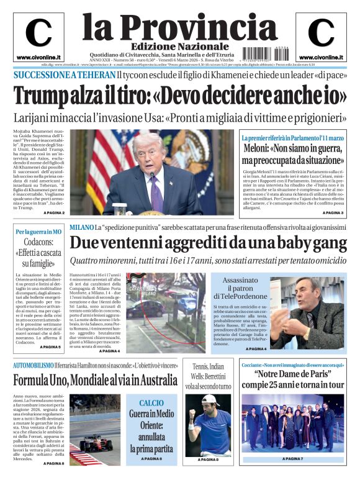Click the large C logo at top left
click(x=38, y=33)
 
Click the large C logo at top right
click(x=320, y=33)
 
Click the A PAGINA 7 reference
click(x=292, y=459)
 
